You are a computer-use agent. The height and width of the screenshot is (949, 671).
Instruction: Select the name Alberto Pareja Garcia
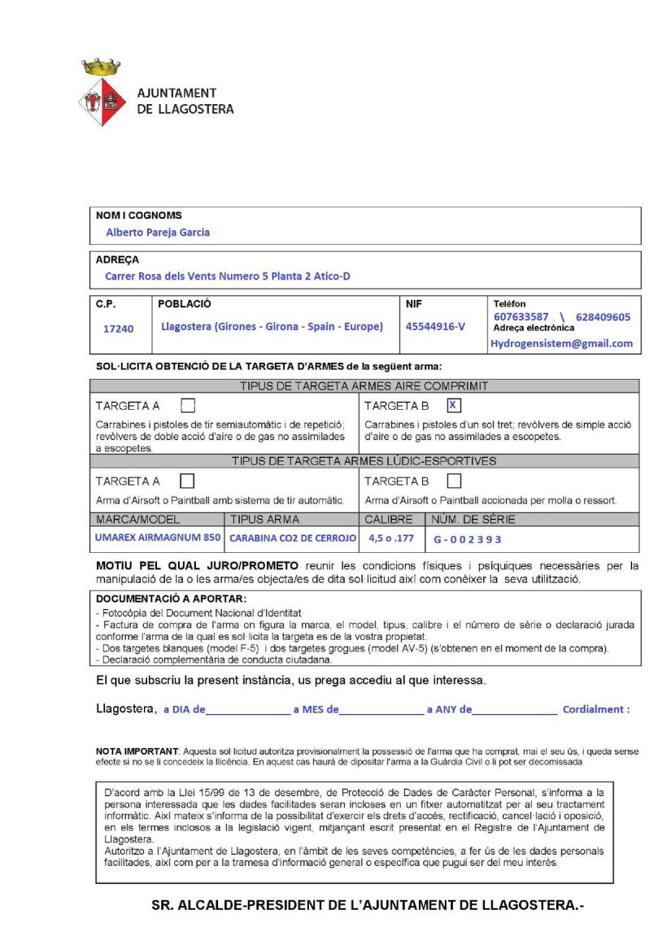click(x=158, y=233)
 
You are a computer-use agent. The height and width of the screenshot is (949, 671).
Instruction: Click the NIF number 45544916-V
click(x=436, y=327)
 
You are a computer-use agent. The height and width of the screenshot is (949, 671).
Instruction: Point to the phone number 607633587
click(x=521, y=317)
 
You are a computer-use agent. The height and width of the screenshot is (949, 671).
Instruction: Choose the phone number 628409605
click(x=603, y=317)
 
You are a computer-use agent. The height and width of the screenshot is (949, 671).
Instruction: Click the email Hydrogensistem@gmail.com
click(x=561, y=343)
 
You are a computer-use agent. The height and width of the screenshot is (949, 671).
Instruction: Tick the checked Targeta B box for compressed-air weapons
click(x=454, y=405)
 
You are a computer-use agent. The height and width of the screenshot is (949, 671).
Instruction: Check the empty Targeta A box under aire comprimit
click(x=188, y=405)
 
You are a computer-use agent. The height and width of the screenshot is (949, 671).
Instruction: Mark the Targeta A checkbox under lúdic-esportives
click(x=188, y=481)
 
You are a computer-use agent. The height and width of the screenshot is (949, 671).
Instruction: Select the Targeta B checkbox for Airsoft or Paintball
click(x=454, y=481)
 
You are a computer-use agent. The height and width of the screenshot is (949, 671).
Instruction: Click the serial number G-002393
click(x=468, y=538)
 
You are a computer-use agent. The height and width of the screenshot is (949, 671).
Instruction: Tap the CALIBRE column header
click(x=389, y=520)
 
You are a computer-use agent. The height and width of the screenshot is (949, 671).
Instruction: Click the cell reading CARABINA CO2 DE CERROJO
click(x=292, y=538)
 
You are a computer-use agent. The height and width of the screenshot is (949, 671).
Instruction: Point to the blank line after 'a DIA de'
click(x=248, y=709)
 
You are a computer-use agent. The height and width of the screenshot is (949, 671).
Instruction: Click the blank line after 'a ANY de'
click(x=515, y=709)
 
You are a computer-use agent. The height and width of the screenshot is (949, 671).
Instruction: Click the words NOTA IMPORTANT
click(x=137, y=750)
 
